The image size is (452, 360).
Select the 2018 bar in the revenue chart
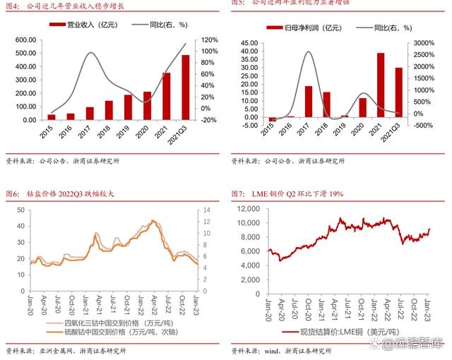[109, 110]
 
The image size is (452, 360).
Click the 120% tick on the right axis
[208, 40]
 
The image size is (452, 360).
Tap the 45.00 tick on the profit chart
[248, 43]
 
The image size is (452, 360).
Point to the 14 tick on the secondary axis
[206, 210]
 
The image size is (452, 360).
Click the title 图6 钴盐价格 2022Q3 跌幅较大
[59, 193]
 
